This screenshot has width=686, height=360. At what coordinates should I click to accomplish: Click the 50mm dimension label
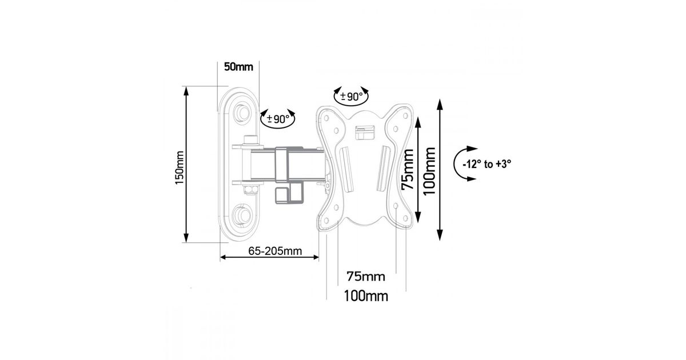tap(238, 67)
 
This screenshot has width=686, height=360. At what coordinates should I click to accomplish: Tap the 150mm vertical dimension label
tap(180, 167)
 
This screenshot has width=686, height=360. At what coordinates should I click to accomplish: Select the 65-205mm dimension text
tap(275, 251)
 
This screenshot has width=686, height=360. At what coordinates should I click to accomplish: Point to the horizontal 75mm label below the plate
tap(366, 277)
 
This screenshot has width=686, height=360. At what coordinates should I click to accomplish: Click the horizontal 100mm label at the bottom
tap(366, 296)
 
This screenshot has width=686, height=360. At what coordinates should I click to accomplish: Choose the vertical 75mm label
tap(408, 169)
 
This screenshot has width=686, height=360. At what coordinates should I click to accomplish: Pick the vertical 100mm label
tap(429, 171)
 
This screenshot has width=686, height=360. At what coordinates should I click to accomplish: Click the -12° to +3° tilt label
tap(487, 165)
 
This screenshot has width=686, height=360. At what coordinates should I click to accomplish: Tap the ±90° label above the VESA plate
tap(351, 97)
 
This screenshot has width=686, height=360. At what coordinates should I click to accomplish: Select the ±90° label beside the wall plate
tap(278, 119)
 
